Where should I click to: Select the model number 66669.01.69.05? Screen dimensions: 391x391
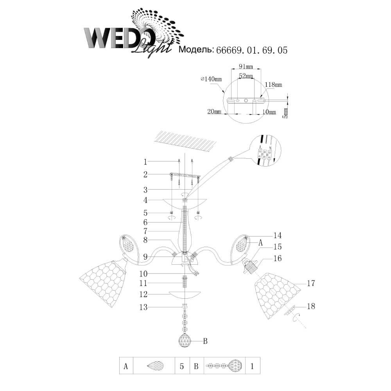pos(251,50)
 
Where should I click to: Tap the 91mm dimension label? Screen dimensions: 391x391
pos(246,66)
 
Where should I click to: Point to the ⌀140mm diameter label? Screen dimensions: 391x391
pos(211,79)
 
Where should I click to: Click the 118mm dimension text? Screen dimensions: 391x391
pos(273,84)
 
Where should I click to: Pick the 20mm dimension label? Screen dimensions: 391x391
pos(214,111)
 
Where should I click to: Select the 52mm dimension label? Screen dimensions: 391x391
pos(246,75)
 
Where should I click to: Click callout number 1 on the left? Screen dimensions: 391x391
pos(145,162)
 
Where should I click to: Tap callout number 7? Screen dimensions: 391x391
pos(145,231)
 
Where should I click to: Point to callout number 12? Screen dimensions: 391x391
pos(143,294)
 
